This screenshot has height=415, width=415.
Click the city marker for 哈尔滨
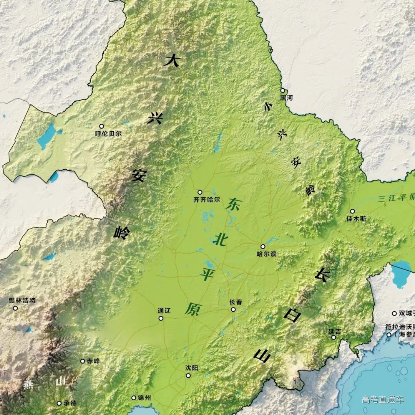(x=263, y=246)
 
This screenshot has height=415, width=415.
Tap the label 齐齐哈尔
(x=207, y=200)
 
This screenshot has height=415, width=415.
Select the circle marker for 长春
(x=233, y=309)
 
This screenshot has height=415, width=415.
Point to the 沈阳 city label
(x=192, y=368)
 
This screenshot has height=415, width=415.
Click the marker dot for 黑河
(x=282, y=91)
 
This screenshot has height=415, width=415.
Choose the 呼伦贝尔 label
(x=108, y=134)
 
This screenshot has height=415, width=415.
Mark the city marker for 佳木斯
(x=352, y=211)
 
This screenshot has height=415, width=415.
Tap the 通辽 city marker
(x=161, y=318)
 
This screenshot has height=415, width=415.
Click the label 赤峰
(x=93, y=361)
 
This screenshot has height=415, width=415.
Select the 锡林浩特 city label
(x=22, y=300)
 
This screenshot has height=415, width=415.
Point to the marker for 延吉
(x=334, y=337)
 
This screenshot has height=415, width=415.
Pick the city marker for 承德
(x=59, y=403)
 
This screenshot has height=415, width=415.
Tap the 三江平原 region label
(x=396, y=198)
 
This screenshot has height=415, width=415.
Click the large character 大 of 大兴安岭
(x=172, y=61)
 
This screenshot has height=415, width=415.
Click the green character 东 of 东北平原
(x=233, y=204)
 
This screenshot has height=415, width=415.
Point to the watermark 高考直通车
(x=383, y=400)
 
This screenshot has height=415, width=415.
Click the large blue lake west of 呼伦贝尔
(x=46, y=136)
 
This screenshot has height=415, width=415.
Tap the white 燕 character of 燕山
(x=28, y=384)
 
